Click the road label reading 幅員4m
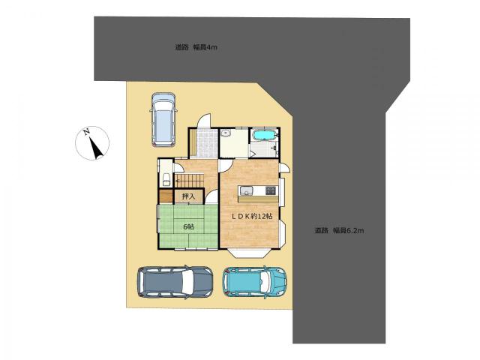[205, 47]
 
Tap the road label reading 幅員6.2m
[348, 230]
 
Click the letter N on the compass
[87, 132]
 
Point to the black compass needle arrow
[96, 148]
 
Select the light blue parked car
[163, 120]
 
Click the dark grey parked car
[175, 282]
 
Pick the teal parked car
[254, 282]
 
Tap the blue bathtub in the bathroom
[264, 135]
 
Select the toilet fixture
[166, 179]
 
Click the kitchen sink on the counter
[246, 190]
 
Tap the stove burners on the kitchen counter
[271, 190]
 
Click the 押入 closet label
[188, 196]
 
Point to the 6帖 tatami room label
[188, 226]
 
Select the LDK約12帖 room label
[252, 216]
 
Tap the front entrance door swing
[204, 120]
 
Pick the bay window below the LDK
[249, 253]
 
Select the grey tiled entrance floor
[207, 143]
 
